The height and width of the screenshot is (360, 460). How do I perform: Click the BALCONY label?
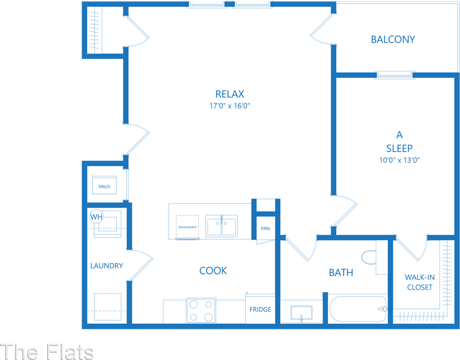[x=393, y=39]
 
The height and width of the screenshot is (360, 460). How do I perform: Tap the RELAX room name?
[x=230, y=94]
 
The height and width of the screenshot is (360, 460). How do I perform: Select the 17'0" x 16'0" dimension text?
[x=230, y=106]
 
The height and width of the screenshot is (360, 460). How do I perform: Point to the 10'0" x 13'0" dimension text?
[x=399, y=160]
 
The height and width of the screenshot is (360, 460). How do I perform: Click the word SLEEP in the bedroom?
[x=399, y=148]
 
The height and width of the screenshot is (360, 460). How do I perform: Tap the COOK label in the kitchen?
[x=213, y=270]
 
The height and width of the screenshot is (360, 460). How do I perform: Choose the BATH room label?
[x=341, y=272]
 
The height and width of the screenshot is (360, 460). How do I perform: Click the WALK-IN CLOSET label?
[x=419, y=282]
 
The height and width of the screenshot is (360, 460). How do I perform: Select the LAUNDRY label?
[x=107, y=266]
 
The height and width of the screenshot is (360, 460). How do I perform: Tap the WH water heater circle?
[x=96, y=217]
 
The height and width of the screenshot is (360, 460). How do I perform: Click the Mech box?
[x=104, y=186]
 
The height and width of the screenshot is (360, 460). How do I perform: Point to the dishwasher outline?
[x=187, y=226]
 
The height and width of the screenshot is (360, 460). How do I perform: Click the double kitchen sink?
[x=221, y=226]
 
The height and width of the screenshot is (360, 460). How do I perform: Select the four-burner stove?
[x=201, y=310]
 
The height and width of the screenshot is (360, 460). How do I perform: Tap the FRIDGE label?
[x=260, y=309]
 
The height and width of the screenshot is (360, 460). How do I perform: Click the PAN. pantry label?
[x=266, y=228]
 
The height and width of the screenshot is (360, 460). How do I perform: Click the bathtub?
[x=358, y=309]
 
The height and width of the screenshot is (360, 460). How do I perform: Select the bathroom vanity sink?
[x=301, y=313]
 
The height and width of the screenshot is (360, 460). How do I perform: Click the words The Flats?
[x=48, y=351]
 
